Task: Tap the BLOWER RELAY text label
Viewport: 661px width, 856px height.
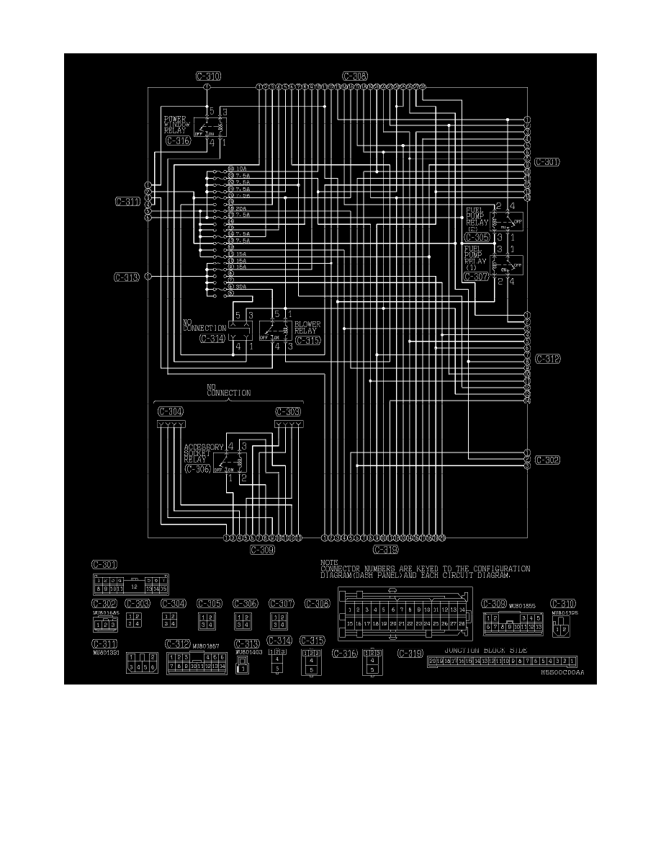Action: tap(307, 328)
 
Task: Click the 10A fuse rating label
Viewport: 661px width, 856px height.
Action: tap(241, 169)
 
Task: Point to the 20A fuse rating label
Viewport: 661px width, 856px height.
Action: tap(241, 208)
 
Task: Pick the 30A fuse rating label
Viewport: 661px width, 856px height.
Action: tap(241, 287)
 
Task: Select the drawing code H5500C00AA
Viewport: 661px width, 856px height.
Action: tap(562, 671)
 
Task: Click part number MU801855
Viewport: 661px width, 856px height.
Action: tap(521, 605)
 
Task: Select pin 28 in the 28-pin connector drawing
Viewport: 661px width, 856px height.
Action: tap(461, 623)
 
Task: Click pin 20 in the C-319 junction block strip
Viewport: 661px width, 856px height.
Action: tap(432, 661)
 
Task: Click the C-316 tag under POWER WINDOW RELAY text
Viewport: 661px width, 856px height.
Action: tap(178, 141)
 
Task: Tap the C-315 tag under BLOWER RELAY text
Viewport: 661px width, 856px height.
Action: tap(307, 340)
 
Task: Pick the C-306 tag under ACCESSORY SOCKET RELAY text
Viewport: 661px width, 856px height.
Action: tap(198, 469)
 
